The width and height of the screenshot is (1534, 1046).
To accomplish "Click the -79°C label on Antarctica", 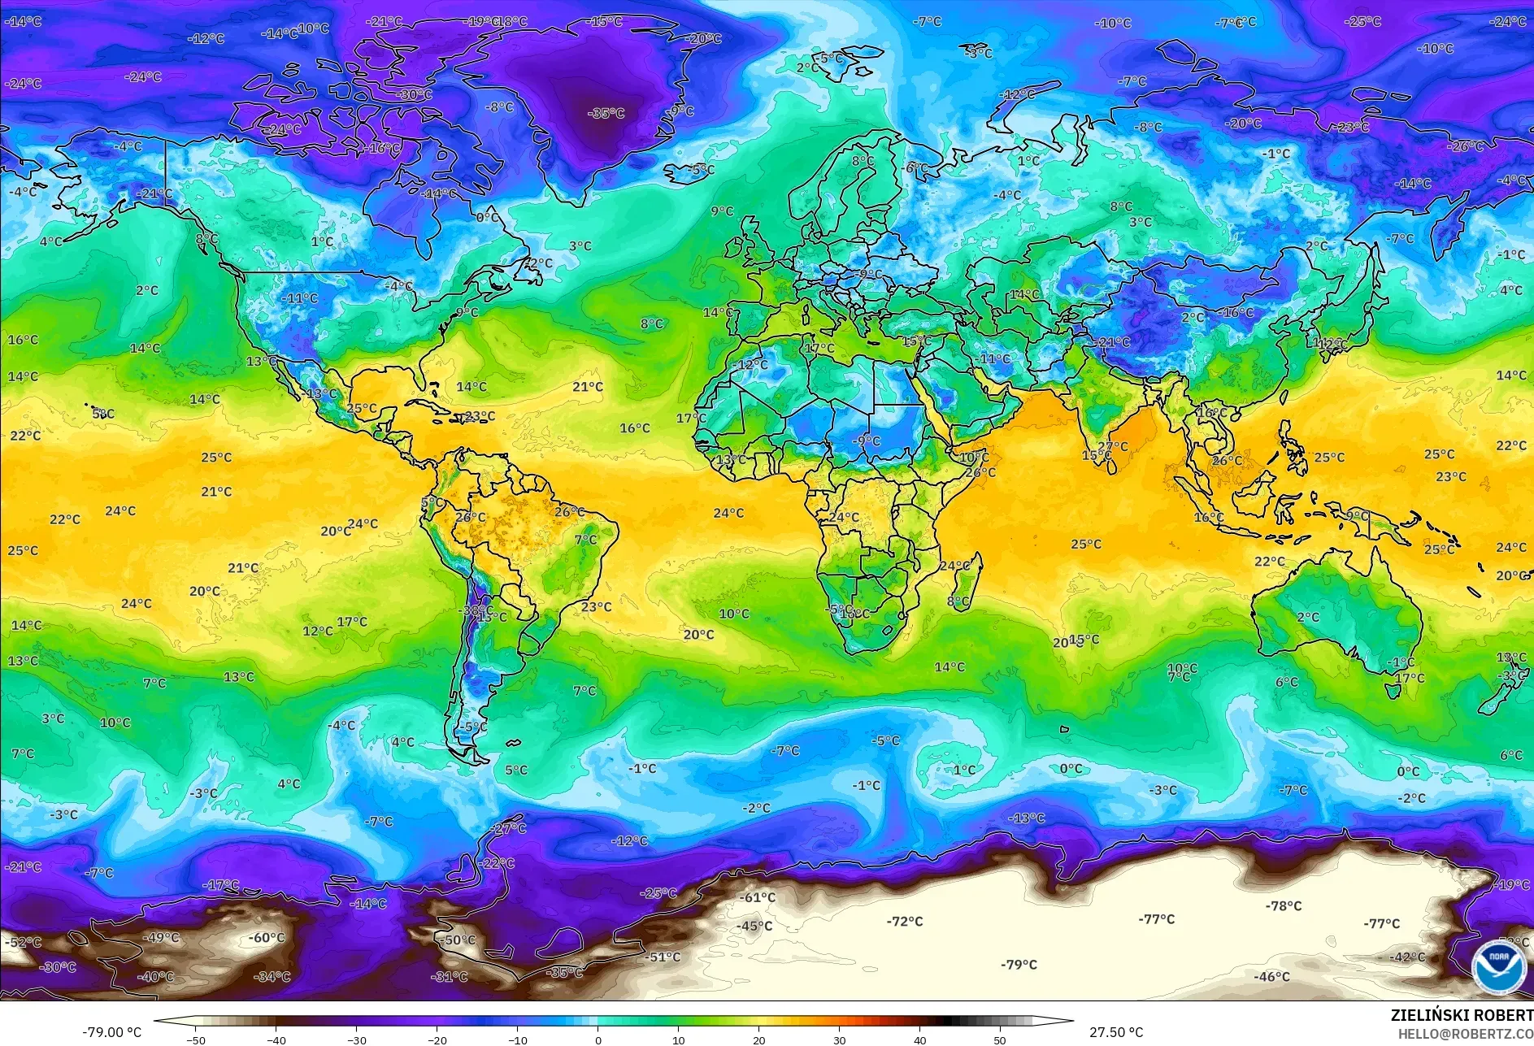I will pos(1019,965).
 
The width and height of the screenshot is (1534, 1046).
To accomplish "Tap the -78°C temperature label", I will pos(1283,905).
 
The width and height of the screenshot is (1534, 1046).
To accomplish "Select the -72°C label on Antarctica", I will pos(904,921).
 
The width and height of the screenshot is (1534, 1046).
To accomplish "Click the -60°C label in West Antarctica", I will pos(266,937).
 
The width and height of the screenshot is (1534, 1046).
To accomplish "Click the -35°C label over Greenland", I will pos(606,113).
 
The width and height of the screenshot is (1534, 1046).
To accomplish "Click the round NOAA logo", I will pos(1498,966).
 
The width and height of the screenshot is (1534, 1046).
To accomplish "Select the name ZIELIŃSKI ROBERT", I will pos(1461,1015).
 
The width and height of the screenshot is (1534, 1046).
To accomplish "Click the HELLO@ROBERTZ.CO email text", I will pos(1465,1034).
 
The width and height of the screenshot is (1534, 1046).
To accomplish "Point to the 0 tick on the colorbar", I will pos(598,1039).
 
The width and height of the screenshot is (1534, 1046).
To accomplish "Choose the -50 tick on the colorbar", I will pos(195,1039).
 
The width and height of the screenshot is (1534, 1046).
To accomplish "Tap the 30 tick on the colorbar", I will pos(839,1039).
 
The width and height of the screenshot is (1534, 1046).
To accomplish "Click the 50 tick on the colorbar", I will pos(1000,1039).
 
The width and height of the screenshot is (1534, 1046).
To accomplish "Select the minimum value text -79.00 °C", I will pos(111,1032).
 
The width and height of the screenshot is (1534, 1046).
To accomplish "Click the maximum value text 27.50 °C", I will pos(1115,1032).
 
